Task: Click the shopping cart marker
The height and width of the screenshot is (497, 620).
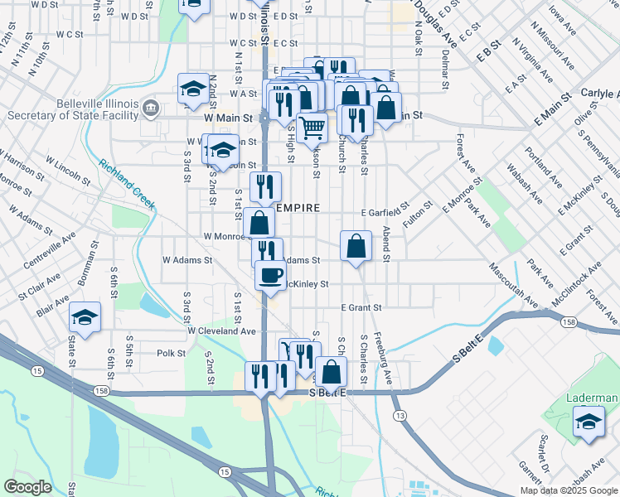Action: point(312,128)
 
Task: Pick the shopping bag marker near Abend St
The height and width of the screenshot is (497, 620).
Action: point(356,246)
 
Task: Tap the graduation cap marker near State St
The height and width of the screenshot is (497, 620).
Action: point(84,317)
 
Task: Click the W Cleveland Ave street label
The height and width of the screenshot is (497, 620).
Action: point(221,331)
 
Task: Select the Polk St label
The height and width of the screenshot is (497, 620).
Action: point(172,353)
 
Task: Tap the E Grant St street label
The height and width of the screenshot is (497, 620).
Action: point(361,307)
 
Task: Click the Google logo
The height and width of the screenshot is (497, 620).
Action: point(29,487)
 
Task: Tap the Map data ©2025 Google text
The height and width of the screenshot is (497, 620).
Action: point(568,490)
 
